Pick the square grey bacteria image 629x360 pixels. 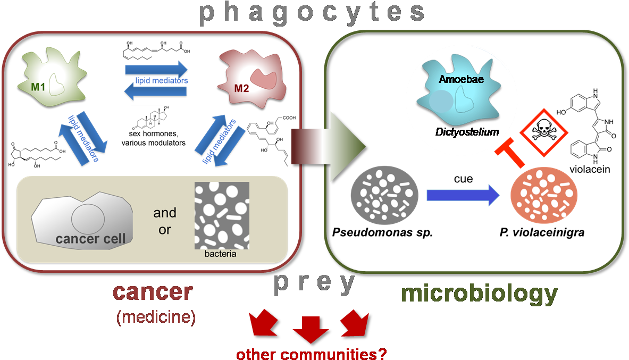(x=222, y=215)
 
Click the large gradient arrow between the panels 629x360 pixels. (x=330, y=146)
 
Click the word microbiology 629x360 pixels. (x=479, y=294)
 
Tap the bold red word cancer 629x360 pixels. (x=153, y=292)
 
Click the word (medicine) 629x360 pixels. (x=156, y=317)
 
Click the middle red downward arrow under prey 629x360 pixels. (x=311, y=329)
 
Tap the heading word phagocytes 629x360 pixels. (x=313, y=13)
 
